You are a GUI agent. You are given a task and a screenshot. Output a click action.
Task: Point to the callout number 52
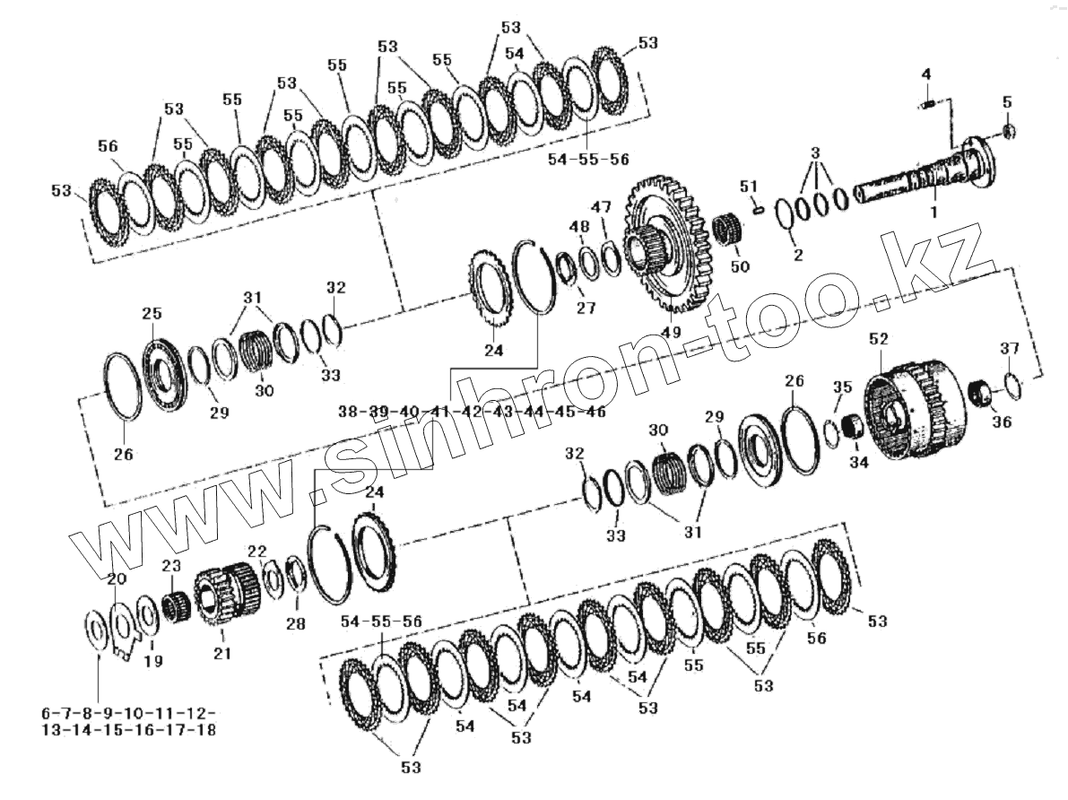click(x=880, y=339)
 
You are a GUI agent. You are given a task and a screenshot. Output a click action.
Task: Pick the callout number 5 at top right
click(x=1007, y=102)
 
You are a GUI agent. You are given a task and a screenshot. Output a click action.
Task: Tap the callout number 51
click(x=749, y=186)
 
